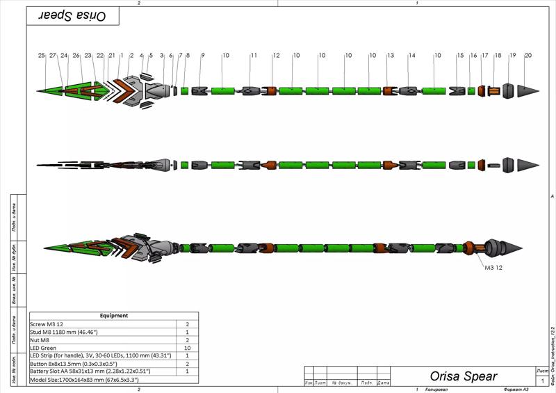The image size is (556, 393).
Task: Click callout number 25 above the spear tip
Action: click(42, 55)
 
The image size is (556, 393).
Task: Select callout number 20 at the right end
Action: click(528, 55)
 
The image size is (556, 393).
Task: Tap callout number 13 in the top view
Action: click(391, 55)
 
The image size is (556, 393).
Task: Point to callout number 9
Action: click(203, 55)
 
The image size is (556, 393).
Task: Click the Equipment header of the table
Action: click(114, 316)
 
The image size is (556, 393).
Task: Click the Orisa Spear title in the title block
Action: click(463, 376)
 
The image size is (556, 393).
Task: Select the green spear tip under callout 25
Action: click(50, 91)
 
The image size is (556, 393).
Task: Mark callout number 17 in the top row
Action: click(485, 55)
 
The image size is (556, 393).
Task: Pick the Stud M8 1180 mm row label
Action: click(69, 332)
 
